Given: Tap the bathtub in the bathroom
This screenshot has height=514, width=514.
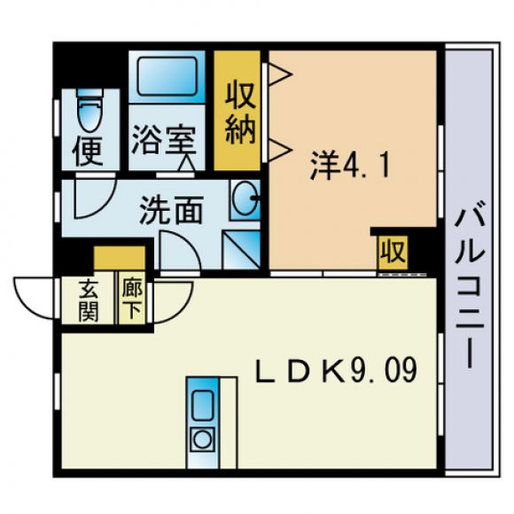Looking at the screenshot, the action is pyautogui.click(x=167, y=76).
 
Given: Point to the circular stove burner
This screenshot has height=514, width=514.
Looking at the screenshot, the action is pyautogui.click(x=203, y=440).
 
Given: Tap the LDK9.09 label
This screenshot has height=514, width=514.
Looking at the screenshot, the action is pyautogui.click(x=337, y=370).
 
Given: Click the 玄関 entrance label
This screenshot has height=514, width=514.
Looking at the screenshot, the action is pyautogui.click(x=89, y=301).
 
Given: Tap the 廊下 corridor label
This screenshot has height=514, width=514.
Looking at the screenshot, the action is pyautogui.click(x=132, y=300).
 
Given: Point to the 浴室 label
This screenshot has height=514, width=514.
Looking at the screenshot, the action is pyautogui.click(x=164, y=141).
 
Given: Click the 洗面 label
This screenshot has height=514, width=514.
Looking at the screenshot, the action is pyautogui.click(x=171, y=210).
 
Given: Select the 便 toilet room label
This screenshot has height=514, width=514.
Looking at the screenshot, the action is pyautogui.click(x=88, y=152).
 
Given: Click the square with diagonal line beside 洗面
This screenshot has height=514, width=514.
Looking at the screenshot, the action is pyautogui.click(x=241, y=250).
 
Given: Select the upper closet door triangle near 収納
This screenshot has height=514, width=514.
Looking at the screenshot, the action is pyautogui.click(x=279, y=74).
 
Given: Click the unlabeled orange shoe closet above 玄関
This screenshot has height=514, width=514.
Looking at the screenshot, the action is pyautogui.click(x=120, y=258).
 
